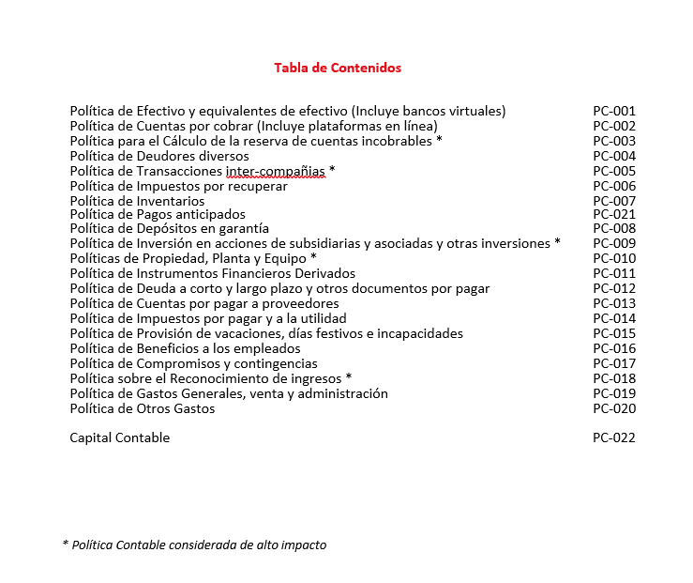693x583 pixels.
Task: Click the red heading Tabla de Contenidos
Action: pos(338,68)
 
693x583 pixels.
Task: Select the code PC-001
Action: pos(614,111)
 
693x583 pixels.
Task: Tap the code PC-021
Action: pos(614,214)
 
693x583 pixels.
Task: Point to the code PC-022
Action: pos(614,437)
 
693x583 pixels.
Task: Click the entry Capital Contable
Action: pos(120,437)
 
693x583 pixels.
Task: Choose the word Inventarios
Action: pos(171,201)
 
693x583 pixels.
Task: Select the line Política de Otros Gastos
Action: pos(143,408)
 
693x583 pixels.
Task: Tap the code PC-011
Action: pos(614,273)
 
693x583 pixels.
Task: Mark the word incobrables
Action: pos(397,141)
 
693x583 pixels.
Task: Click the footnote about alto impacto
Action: pos(194,545)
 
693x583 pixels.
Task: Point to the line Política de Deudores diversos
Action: pos(159,156)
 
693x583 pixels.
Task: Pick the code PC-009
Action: pos(614,243)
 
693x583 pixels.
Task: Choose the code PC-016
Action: pos(614,348)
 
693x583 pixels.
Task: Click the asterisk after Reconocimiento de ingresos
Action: pos(349,377)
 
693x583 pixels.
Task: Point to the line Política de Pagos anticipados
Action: pos(158,214)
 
